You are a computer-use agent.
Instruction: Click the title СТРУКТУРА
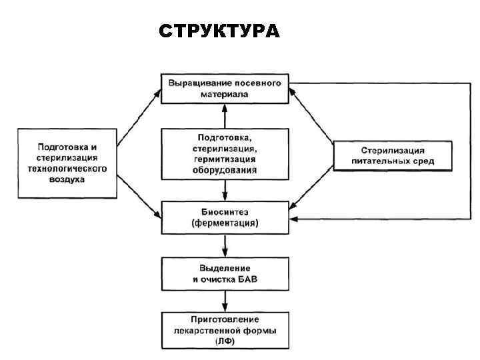pyautogui.click(x=220, y=31)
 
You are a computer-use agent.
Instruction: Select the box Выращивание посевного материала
pyautogui.click(x=225, y=89)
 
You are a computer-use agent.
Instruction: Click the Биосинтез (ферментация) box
pyautogui.click(x=225, y=217)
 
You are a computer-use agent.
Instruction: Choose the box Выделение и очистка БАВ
pyautogui.click(x=225, y=273)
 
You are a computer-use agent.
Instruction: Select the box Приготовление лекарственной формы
pyautogui.click(x=225, y=330)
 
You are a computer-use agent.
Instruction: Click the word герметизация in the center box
pyautogui.click(x=225, y=160)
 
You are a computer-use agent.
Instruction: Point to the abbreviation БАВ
pyautogui.click(x=245, y=279)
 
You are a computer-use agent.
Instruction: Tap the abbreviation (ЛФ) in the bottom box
pyautogui.click(x=225, y=341)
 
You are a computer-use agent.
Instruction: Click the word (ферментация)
pyautogui.click(x=225, y=223)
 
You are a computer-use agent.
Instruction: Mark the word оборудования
pyautogui.click(x=225, y=170)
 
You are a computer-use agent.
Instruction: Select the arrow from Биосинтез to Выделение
pyautogui.click(x=225, y=245)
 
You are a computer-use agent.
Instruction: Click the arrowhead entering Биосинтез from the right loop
pyautogui.click(x=296, y=219)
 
